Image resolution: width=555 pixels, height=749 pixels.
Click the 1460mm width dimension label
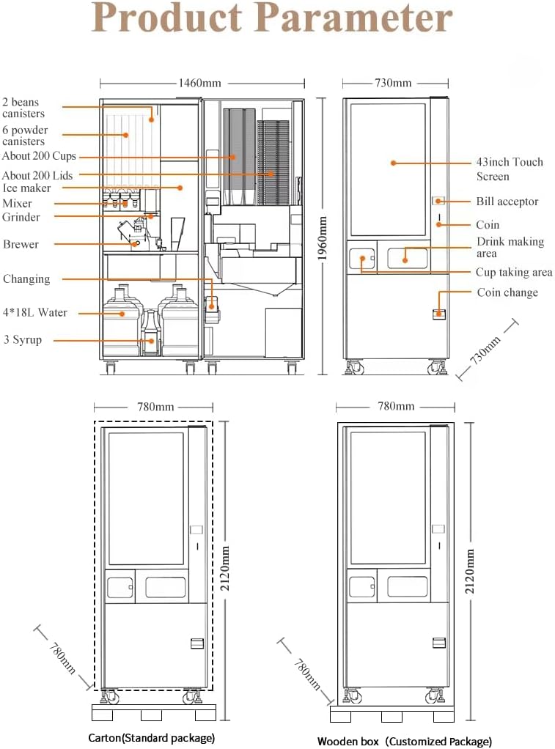200,83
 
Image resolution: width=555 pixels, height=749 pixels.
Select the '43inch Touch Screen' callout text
510,169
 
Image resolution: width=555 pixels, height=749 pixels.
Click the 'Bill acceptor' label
507,202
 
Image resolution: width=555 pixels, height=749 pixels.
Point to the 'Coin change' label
507,292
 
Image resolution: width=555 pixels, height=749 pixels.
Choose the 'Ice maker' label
26,188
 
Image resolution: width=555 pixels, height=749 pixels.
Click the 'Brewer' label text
21,244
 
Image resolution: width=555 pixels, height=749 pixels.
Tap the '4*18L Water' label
34,312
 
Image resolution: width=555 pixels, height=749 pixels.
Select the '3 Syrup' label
23,340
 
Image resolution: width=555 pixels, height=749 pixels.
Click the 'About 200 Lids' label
37,175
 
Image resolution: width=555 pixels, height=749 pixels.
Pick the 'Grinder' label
21,217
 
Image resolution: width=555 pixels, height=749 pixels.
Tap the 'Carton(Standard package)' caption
151,737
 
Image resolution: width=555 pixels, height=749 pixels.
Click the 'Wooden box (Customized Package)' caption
404,741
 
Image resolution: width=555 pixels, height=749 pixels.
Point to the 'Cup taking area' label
514,272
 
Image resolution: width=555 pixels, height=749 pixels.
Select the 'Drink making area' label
510,247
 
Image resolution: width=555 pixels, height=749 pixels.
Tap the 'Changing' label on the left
26,278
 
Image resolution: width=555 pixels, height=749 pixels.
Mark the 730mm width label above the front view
393,83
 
